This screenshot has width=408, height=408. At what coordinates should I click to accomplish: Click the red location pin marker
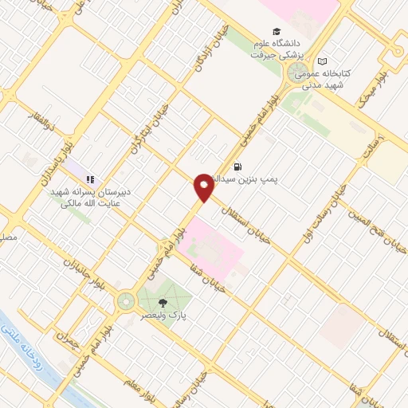point(204,187)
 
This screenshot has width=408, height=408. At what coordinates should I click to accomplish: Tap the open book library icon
point(322,61)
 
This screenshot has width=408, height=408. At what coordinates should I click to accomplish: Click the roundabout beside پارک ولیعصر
point(125,301)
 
